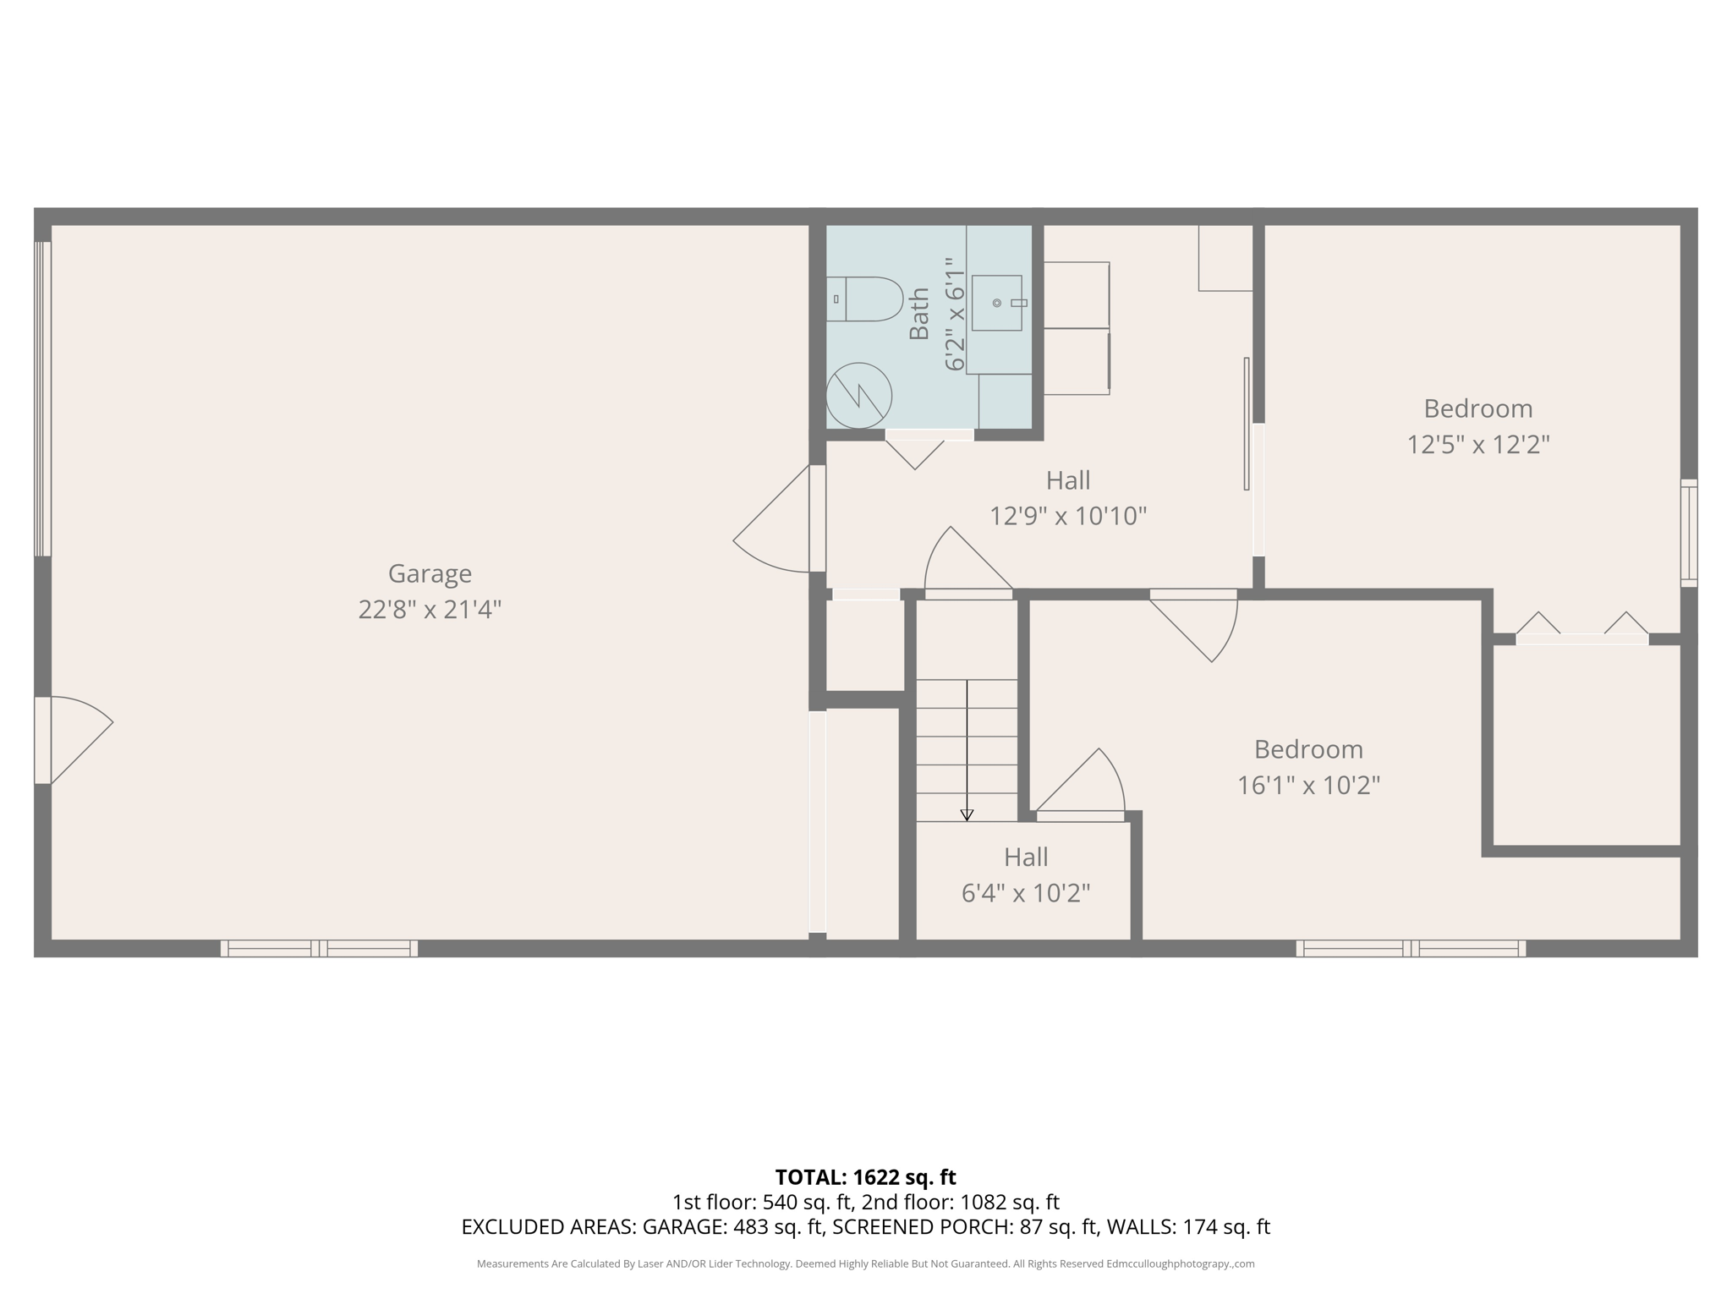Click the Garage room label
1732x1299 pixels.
point(430,573)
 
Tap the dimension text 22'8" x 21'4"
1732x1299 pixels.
point(430,610)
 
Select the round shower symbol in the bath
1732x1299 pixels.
point(858,395)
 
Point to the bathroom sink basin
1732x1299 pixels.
point(996,303)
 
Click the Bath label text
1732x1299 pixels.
point(919,314)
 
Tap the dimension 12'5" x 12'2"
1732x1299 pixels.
point(1477,445)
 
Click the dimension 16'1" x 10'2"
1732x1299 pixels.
point(1308,786)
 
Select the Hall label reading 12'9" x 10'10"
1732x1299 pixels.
point(1068,480)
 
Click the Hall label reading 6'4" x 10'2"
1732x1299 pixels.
point(1026,858)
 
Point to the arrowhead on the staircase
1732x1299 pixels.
point(967,815)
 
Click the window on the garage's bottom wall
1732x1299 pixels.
point(319,949)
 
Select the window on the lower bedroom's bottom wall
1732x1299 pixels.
point(1411,949)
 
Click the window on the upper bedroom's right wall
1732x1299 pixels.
point(1688,533)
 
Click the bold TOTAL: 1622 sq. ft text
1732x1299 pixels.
point(865,1177)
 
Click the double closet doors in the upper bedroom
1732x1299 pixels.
point(1581,630)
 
